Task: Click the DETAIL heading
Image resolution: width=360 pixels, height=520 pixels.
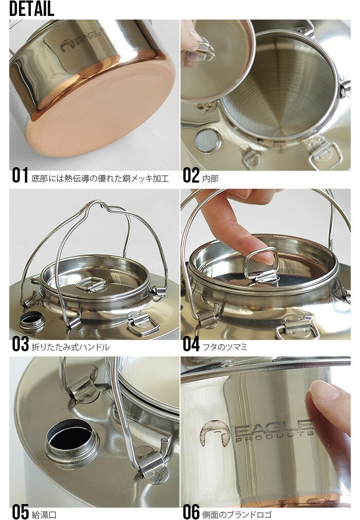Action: point(31,9)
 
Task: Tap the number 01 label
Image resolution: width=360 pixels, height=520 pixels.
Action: point(20,175)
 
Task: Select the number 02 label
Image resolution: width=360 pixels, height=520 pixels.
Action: point(191,175)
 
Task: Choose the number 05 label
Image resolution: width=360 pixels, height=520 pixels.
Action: point(20,512)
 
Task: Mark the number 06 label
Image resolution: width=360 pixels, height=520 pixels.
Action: point(191,512)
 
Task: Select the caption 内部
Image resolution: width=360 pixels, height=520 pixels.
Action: point(210,178)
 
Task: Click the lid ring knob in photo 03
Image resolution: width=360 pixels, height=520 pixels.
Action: point(91,284)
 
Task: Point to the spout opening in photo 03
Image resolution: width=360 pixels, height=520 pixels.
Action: point(32,320)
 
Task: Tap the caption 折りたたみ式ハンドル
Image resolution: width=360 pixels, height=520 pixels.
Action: point(70,347)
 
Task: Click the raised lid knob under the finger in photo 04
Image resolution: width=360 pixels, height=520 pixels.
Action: point(261,265)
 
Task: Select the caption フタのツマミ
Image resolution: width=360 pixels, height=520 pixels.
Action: point(225,347)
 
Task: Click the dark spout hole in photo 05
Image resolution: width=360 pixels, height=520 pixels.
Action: point(69,435)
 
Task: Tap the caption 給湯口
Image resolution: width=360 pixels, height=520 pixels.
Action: point(44,515)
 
